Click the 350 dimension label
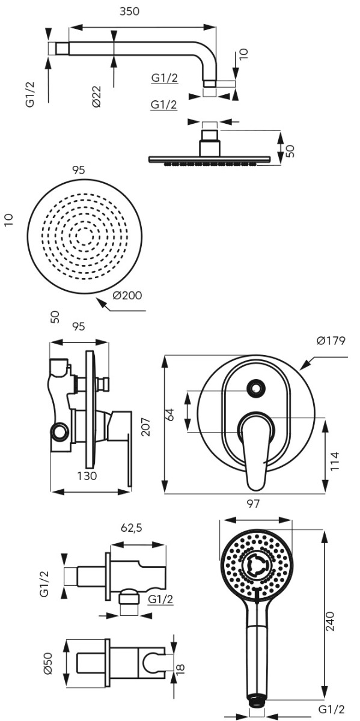129,11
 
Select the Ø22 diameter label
97,97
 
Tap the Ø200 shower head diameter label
127,295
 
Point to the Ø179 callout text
331,341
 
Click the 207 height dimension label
146,427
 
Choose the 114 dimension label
335,461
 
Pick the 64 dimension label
170,414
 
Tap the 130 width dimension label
87,476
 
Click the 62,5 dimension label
132,528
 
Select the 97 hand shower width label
252,503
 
